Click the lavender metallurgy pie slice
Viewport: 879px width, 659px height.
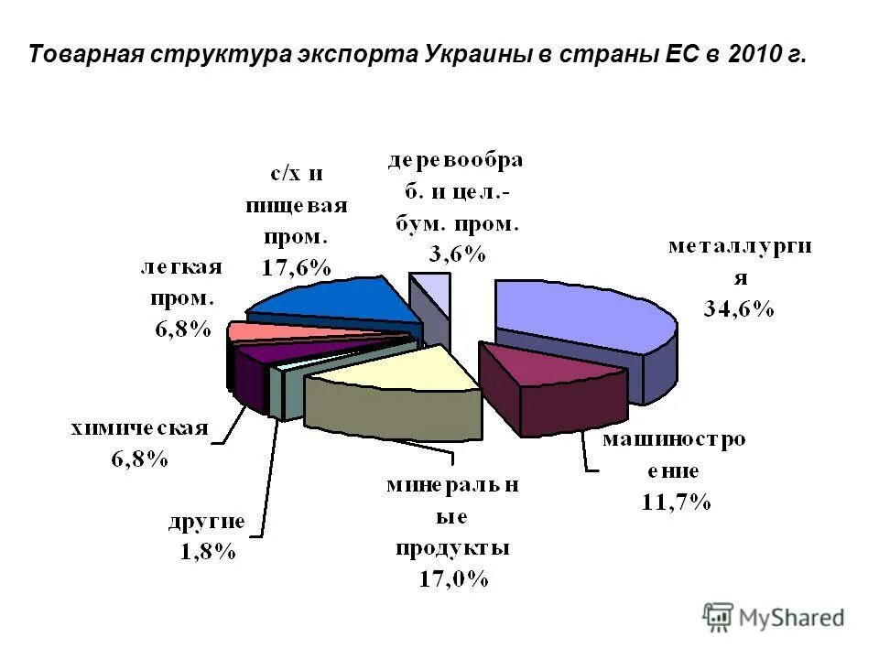[x=577, y=311]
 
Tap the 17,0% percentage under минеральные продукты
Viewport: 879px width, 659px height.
[x=452, y=579]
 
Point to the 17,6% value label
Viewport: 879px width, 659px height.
[x=295, y=267]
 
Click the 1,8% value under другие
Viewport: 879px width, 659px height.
[x=205, y=552]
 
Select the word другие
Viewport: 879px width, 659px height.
[x=206, y=523]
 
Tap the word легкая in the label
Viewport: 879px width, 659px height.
[x=182, y=267]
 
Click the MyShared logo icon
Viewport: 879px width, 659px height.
[x=719, y=616]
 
